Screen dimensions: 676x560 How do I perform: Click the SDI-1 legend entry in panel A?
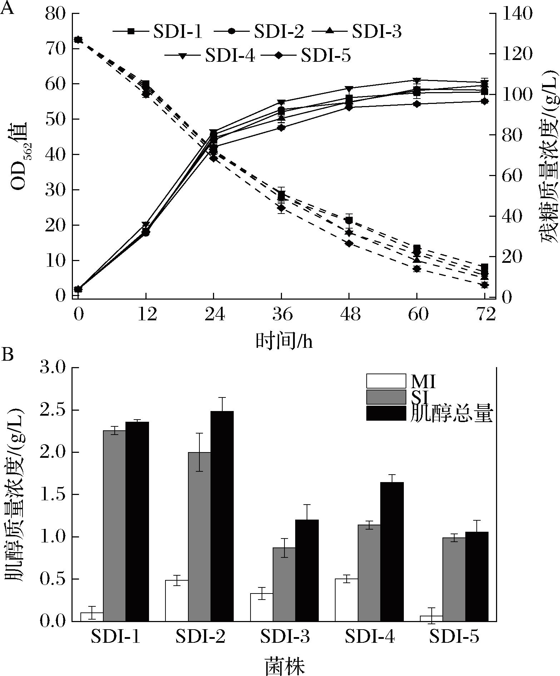(157, 31)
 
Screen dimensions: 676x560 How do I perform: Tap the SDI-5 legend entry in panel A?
(306, 56)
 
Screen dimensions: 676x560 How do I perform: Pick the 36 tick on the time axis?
(282, 315)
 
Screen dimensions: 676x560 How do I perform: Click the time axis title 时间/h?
(284, 341)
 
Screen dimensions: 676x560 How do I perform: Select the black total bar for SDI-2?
(222, 516)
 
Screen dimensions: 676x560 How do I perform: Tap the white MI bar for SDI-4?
(346, 600)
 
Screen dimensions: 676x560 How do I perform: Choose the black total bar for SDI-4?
(392, 551)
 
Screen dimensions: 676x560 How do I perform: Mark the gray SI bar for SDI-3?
(284, 584)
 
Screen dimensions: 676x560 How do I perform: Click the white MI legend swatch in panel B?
(386, 381)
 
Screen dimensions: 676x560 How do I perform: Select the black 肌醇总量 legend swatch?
(386, 413)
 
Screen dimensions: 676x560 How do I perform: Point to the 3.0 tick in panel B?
(53, 368)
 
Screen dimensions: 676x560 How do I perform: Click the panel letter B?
(8, 355)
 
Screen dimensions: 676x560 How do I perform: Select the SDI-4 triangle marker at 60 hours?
(417, 80)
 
